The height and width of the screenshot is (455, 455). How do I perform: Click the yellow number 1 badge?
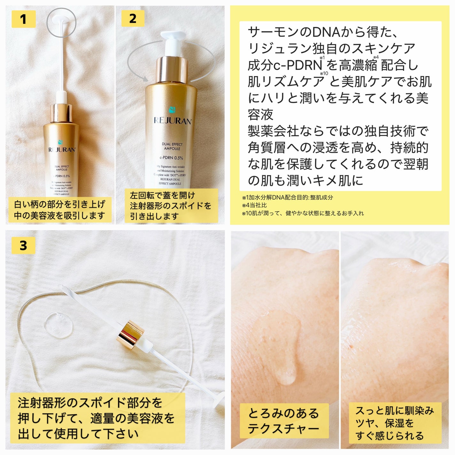click(x=23, y=19)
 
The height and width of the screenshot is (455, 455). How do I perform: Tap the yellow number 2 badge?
click(x=133, y=19)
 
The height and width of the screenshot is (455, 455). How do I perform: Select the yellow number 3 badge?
click(x=23, y=245)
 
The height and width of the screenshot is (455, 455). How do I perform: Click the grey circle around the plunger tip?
click(x=61, y=22)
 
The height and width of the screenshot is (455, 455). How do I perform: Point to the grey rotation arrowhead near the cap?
click(x=145, y=78)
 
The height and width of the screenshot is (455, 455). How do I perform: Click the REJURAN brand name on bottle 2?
click(x=173, y=121)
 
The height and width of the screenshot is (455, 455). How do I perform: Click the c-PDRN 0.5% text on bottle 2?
click(x=172, y=158)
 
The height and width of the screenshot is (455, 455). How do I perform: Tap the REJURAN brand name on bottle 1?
click(x=62, y=150)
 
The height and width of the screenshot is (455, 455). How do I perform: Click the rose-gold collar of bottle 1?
click(x=61, y=112)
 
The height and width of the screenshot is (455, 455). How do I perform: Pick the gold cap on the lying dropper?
click(x=130, y=334)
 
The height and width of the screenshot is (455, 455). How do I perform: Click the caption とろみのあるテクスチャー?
click(x=284, y=421)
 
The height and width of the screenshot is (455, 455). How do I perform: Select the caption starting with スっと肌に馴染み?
click(x=395, y=423)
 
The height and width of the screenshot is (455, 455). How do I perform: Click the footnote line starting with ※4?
click(x=255, y=205)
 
